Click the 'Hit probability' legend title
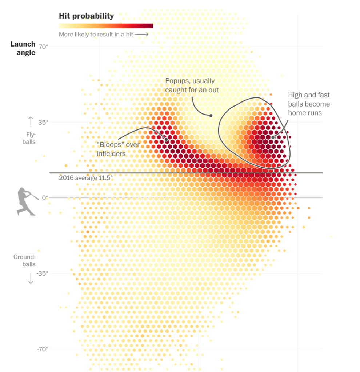click(x=86, y=16)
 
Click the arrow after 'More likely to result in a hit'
click(x=142, y=35)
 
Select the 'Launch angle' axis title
click(x=23, y=48)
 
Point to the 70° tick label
click(x=43, y=47)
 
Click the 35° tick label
click(x=43, y=122)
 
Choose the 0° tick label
click(x=45, y=198)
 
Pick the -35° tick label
click(x=42, y=273)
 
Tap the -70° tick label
click(x=42, y=349)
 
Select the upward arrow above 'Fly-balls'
click(x=31, y=122)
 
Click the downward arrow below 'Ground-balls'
click(x=31, y=278)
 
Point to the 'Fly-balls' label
click(x=29, y=138)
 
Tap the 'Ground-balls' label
click(x=24, y=260)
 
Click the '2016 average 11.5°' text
click(x=86, y=178)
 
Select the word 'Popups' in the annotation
click(x=176, y=81)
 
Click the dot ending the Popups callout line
click(x=211, y=115)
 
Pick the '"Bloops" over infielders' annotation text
click(x=118, y=149)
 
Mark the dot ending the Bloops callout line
click(x=166, y=139)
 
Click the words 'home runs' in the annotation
click(x=305, y=113)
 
